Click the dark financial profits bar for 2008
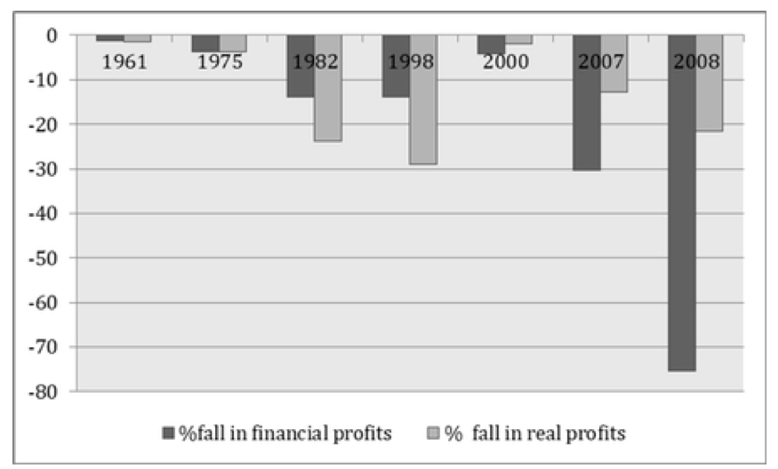pos(682,203)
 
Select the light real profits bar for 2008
pos(709,83)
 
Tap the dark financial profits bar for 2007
pos(587,103)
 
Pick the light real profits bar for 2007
pos(614,63)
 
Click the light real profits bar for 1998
pos(423,99)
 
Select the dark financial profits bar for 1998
pos(396,66)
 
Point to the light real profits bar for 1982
pos(328,88)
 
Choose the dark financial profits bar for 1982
pos(301,66)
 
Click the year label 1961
pos(124,62)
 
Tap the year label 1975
pos(220,62)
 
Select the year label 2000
pos(506,62)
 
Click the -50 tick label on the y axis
pos(43,258)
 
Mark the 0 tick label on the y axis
pos(52,36)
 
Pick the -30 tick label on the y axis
pos(43,170)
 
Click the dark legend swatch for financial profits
pos(169,433)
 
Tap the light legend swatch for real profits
pos(433,433)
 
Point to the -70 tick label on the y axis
pos(43,347)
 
